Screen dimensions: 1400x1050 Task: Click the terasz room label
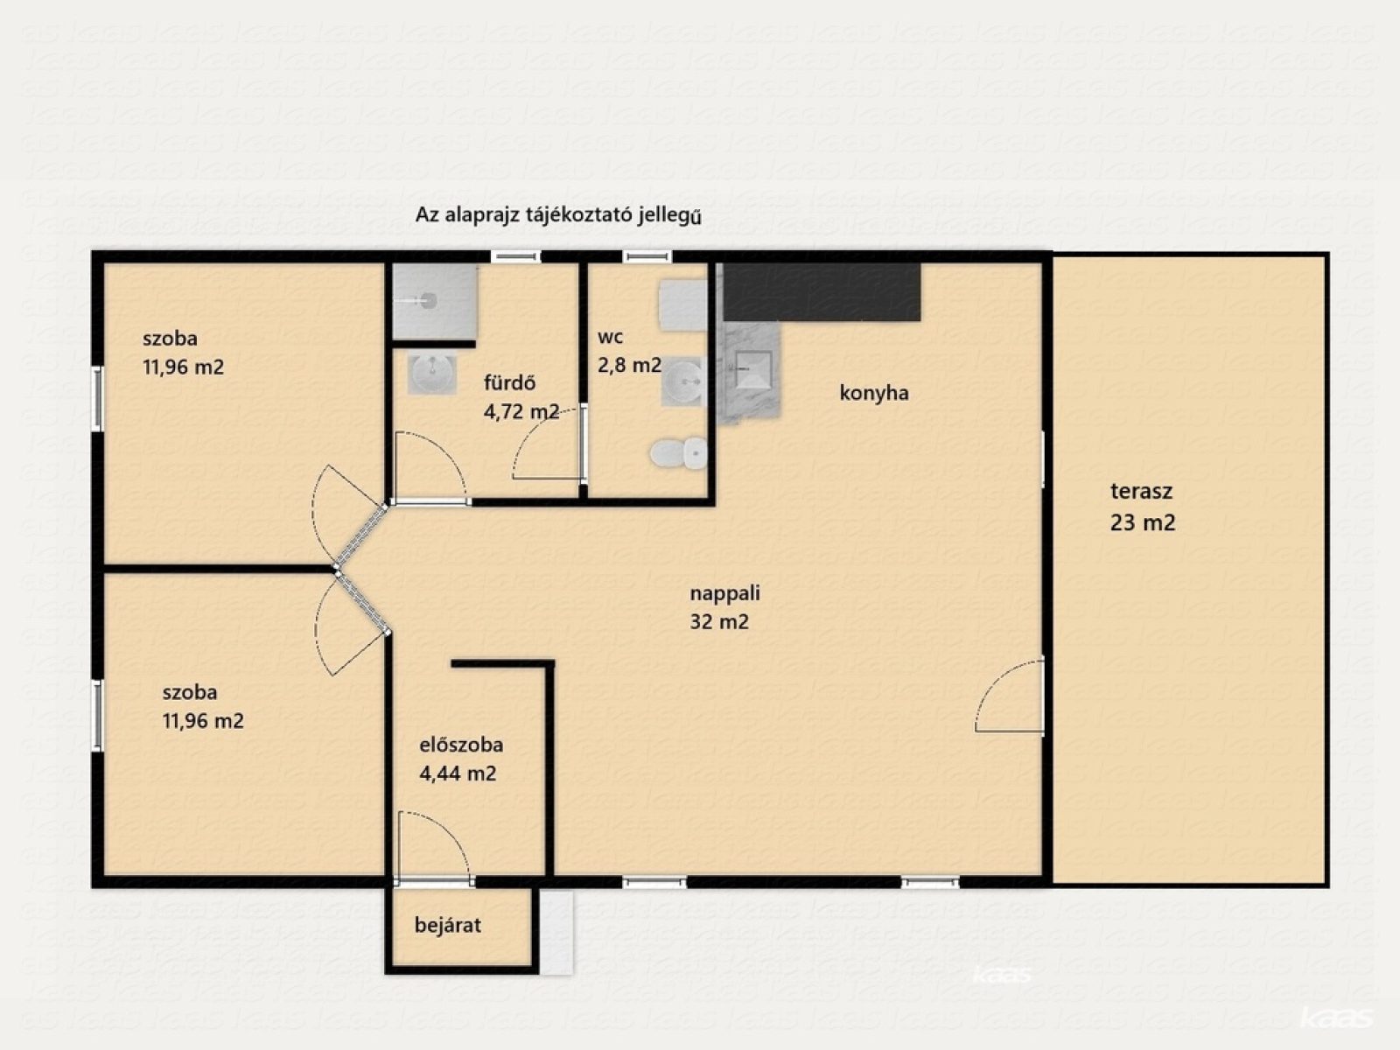click(1141, 491)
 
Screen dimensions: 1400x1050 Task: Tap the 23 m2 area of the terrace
click(1143, 522)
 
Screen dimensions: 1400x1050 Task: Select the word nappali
click(725, 593)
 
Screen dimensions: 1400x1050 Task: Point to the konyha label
click(874, 393)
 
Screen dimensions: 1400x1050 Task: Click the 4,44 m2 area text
click(458, 773)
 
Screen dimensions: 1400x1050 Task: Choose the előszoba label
click(461, 745)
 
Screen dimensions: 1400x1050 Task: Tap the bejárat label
click(448, 925)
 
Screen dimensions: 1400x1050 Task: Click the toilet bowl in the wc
click(679, 453)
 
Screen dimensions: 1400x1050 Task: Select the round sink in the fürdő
click(432, 374)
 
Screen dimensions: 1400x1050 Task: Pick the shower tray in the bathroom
click(434, 301)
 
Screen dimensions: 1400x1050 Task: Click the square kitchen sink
click(753, 369)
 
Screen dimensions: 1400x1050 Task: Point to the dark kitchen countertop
click(822, 292)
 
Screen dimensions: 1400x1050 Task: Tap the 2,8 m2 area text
click(629, 365)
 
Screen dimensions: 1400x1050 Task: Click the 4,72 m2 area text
click(521, 412)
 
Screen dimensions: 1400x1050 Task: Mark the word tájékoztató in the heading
click(579, 215)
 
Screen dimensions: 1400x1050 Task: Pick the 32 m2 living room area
click(719, 621)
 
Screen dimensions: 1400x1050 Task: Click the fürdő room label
click(509, 382)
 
